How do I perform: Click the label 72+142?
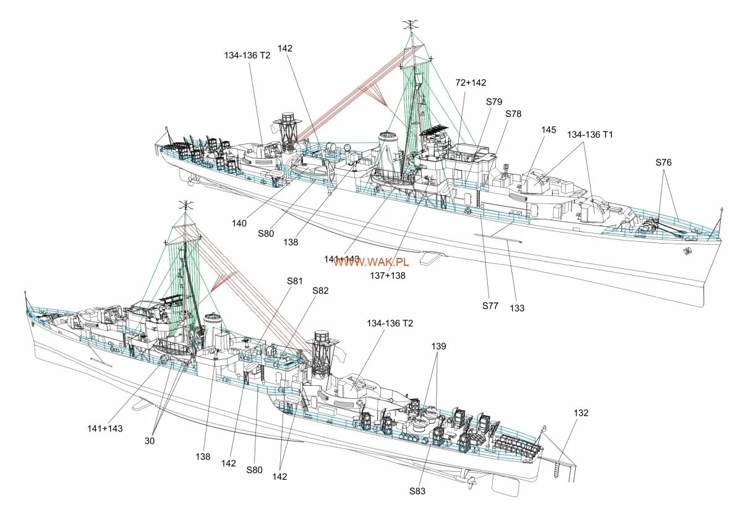pos(471,82)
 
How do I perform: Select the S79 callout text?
pos(494,101)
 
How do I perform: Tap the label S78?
pos(513,114)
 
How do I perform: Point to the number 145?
pos(548,130)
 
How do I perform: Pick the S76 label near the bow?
pos(663,163)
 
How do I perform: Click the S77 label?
pos(490,305)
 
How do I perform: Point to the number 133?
pos(518,307)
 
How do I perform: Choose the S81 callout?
pos(295,281)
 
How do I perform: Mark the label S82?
pos(320,290)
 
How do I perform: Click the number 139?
pos(438,346)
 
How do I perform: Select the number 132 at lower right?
pos(581,412)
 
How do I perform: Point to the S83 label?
pos(418,492)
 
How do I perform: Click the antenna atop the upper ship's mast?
pos(409,25)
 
